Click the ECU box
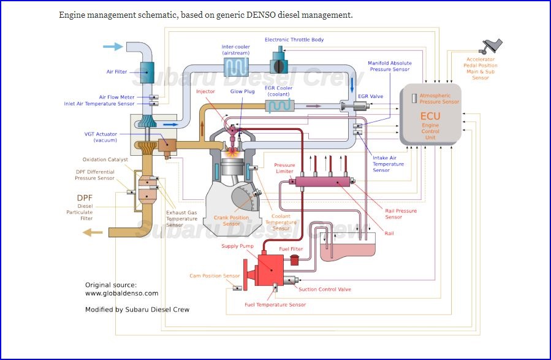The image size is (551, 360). (430, 115)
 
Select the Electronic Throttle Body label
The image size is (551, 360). (294, 40)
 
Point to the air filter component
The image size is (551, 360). (148, 72)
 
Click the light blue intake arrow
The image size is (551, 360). (113, 47)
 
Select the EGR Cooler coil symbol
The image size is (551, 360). (278, 106)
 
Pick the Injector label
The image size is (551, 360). (205, 91)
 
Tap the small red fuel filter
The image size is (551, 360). (294, 260)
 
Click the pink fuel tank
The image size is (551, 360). (348, 251)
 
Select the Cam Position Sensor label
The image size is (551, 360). (214, 276)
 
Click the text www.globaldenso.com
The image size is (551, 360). (121, 293)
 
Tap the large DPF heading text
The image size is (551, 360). (85, 197)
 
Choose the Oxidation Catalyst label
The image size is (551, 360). (105, 159)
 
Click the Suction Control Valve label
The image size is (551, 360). (324, 289)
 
